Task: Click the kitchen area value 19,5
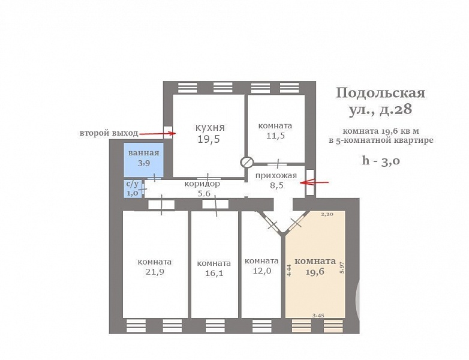[209, 139]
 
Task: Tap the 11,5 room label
[275, 136]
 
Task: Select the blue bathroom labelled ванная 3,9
[143, 158]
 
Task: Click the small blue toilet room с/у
[132, 188]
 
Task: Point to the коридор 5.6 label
[202, 188]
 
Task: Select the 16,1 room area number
[214, 272]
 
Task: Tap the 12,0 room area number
[261, 271]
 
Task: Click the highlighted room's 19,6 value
[315, 271]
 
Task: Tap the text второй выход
[109, 133]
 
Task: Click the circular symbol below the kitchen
[246, 162]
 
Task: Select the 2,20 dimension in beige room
[327, 214]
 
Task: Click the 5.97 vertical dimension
[342, 267]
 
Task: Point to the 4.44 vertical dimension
[289, 270]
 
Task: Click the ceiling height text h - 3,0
[381, 160]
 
